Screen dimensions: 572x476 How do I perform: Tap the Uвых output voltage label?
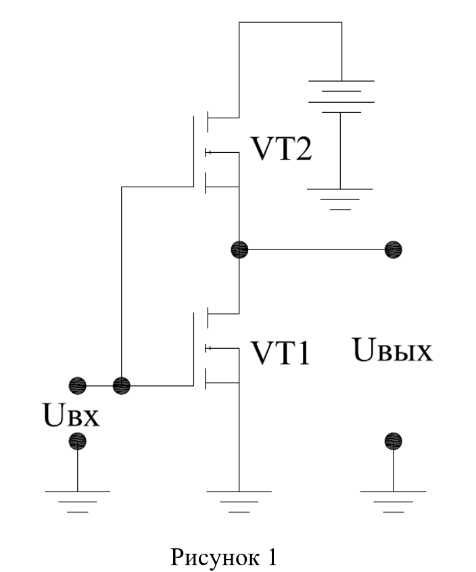pyautogui.click(x=392, y=350)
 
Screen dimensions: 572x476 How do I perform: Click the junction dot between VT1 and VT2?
pyautogui.click(x=239, y=249)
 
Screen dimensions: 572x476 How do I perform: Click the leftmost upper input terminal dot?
pyautogui.click(x=78, y=385)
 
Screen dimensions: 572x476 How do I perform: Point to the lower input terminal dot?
pyautogui.click(x=78, y=442)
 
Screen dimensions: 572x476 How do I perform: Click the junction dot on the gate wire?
pyautogui.click(x=122, y=385)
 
